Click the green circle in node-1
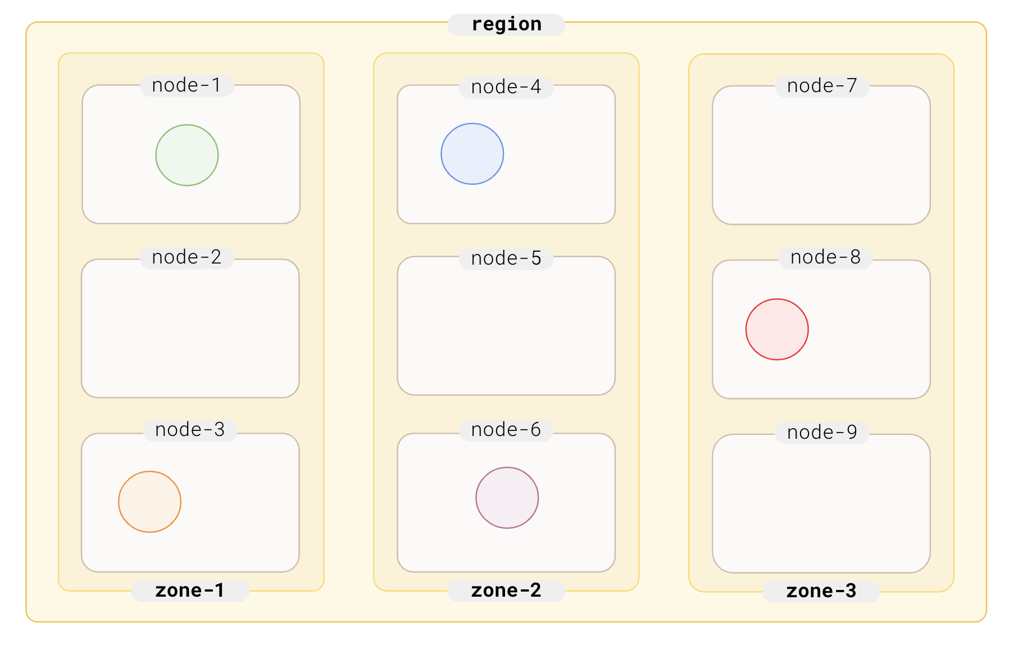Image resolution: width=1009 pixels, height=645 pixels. (187, 155)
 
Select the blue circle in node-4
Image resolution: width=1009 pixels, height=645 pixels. (472, 154)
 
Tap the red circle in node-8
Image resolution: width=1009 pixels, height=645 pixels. (777, 329)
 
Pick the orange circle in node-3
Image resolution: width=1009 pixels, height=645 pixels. (149, 502)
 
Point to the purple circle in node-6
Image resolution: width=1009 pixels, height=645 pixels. (507, 498)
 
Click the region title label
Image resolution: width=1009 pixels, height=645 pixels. (506, 25)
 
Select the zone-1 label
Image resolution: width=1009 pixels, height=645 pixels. (190, 591)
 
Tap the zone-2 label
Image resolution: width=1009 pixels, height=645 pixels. (506, 591)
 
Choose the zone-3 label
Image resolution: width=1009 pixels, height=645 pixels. (821, 591)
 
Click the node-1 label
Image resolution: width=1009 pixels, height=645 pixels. (187, 85)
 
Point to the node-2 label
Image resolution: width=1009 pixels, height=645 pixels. (187, 257)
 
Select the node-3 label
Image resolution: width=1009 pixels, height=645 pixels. (190, 430)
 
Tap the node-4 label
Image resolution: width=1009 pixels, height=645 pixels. (506, 87)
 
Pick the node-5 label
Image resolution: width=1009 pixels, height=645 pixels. (506, 258)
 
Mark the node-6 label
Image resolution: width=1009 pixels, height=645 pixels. (506, 430)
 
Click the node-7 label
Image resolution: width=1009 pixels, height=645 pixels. (822, 86)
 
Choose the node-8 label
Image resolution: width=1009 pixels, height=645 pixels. (825, 257)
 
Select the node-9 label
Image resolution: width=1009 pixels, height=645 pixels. (822, 433)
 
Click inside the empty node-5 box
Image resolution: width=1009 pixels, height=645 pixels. (506, 331)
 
